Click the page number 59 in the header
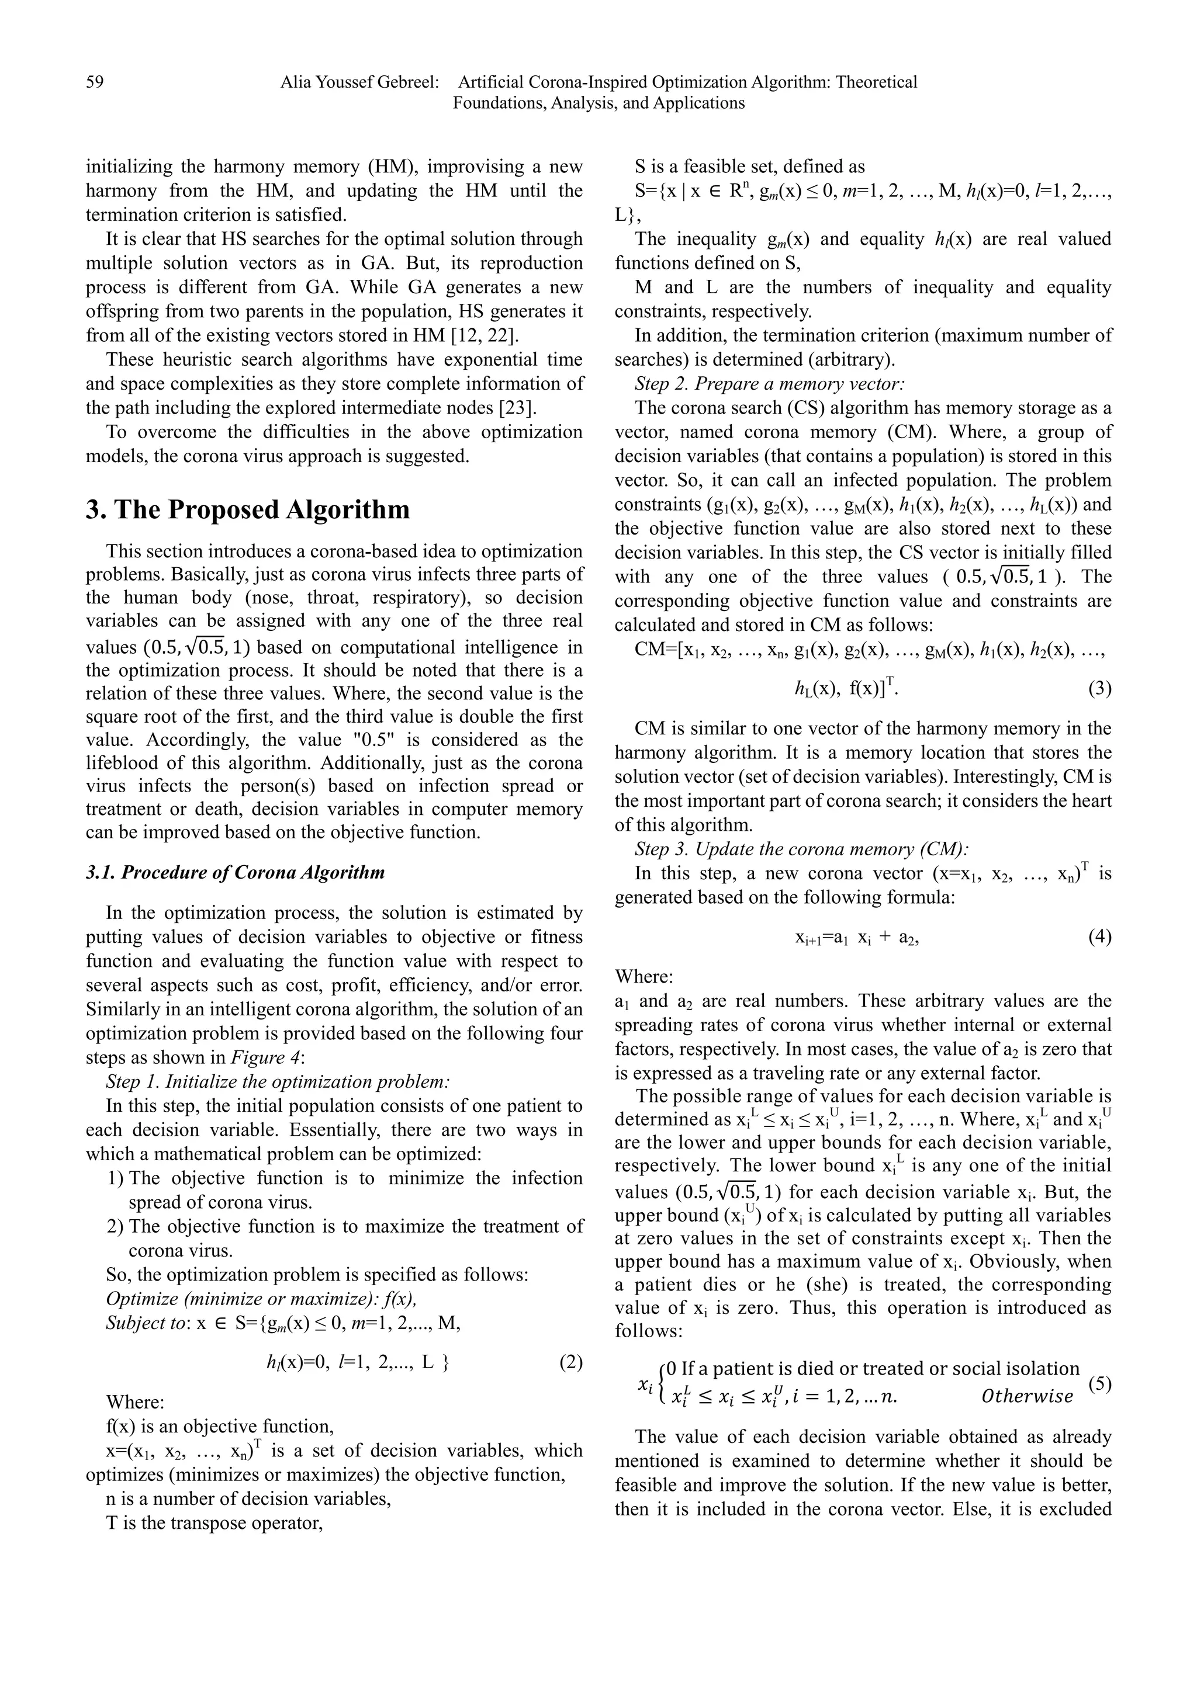(x=95, y=82)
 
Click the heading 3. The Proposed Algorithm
(x=247, y=509)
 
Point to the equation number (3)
(x=1099, y=689)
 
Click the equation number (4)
(x=1099, y=937)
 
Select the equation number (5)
(x=1099, y=1383)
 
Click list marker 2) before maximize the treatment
(x=115, y=1226)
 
